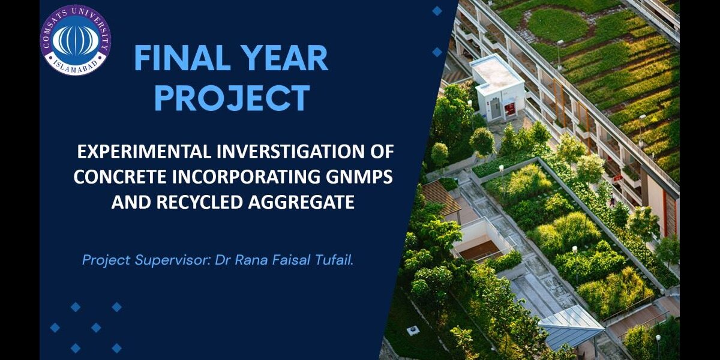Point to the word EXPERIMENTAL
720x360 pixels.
pos(143,151)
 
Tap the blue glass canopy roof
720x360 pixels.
pos(571,326)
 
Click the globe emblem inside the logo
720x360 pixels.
pos(76,40)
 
